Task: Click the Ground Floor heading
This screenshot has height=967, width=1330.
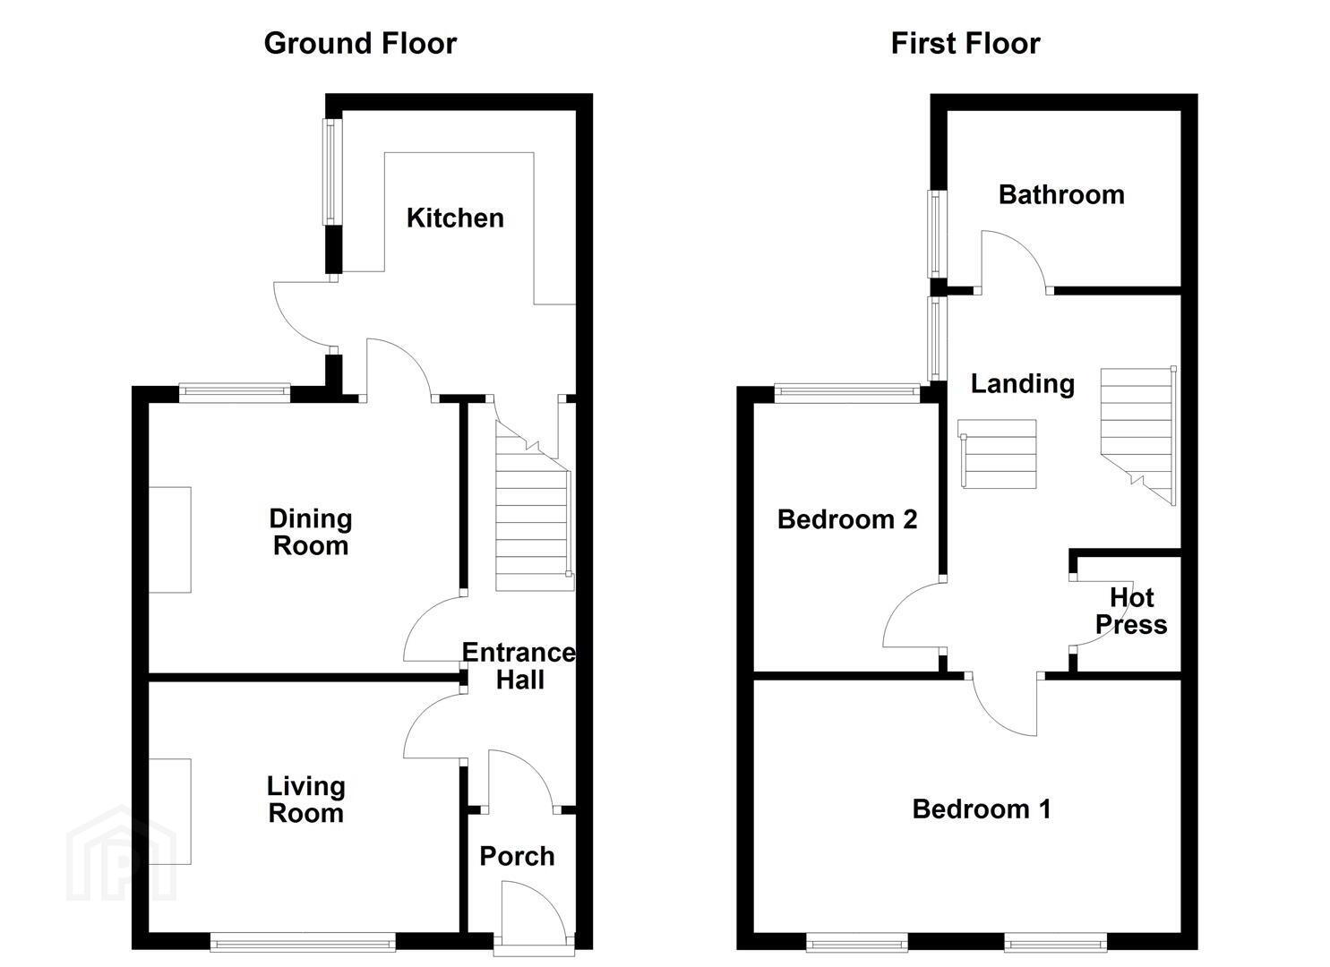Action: tap(360, 44)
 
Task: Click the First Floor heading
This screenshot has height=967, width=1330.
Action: tap(965, 44)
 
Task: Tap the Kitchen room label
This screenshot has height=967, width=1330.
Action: tap(455, 218)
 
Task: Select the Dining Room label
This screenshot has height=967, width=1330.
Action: tap(311, 532)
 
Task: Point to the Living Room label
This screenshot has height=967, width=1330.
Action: tap(305, 800)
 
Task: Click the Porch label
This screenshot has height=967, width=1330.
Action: tap(517, 857)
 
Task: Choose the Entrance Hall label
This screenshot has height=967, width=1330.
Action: tap(519, 666)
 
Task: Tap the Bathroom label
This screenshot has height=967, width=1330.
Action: tap(1061, 194)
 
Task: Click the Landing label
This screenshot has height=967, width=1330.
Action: tap(1023, 384)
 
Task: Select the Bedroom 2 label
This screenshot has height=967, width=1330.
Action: tap(847, 519)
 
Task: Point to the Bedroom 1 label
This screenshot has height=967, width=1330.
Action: tap(982, 809)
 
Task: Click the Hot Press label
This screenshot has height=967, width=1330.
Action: tap(1131, 612)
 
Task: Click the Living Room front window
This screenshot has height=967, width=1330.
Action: tap(303, 942)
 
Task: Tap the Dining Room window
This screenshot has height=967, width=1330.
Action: tap(235, 393)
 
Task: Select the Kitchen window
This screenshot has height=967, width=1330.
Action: tap(332, 172)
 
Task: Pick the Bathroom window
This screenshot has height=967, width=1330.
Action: tap(938, 234)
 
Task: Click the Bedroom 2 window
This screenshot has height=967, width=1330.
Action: tap(847, 393)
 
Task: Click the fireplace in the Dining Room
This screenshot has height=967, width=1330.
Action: tap(170, 540)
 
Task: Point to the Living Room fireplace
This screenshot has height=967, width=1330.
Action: tap(170, 811)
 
